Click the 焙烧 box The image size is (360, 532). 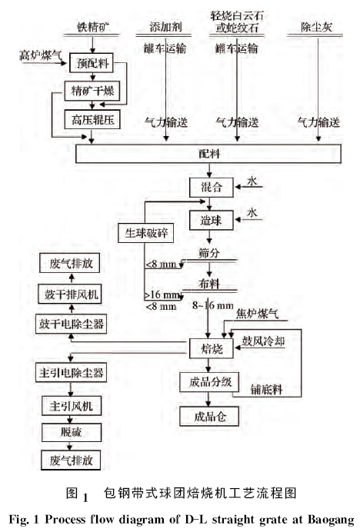pyautogui.click(x=205, y=350)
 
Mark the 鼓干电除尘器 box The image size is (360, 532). pyautogui.click(x=71, y=324)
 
